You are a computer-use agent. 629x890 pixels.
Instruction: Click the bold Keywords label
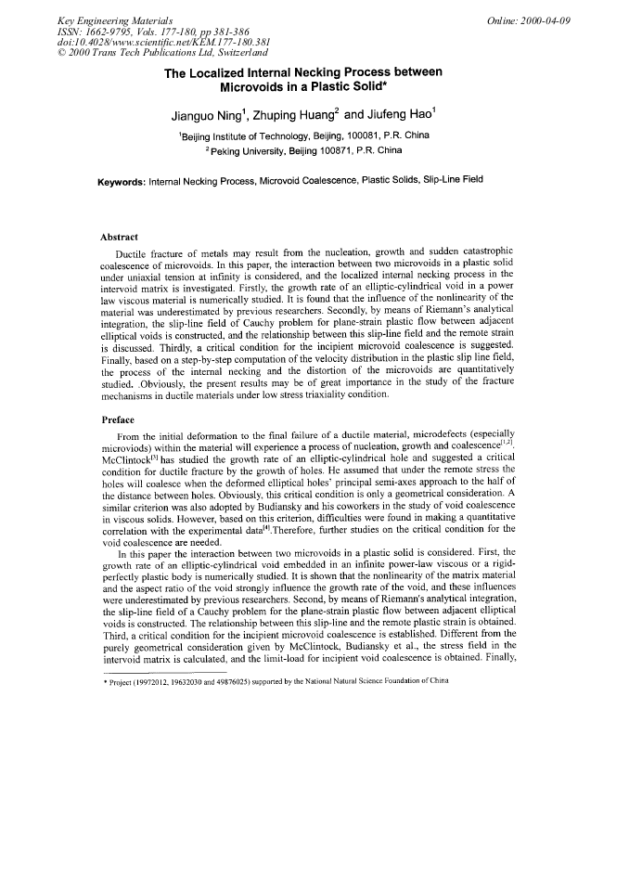pyautogui.click(x=122, y=180)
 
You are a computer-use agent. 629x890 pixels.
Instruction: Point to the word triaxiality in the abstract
pyautogui.click(x=344, y=394)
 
